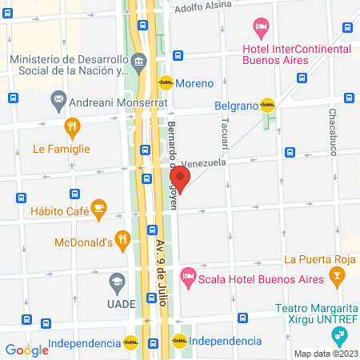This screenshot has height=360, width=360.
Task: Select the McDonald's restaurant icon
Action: point(122,238)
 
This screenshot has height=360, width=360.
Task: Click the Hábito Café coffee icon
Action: point(98,208)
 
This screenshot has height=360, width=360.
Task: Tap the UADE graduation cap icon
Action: point(117,282)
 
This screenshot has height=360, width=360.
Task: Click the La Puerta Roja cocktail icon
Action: point(338,277)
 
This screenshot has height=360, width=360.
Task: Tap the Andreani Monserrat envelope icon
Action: point(58,102)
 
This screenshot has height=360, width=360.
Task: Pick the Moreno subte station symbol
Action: point(165,82)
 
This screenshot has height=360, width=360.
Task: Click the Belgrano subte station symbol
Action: point(267,103)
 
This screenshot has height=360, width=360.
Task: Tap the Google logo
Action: point(27,350)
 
